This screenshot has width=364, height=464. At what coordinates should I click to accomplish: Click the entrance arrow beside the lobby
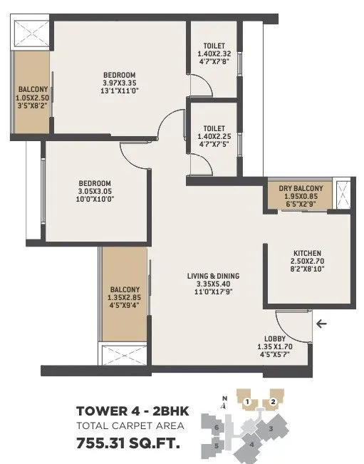[x=322, y=324]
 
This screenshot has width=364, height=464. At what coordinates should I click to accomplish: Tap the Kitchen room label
[x=307, y=253]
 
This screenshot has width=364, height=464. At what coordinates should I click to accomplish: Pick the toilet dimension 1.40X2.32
[x=214, y=53]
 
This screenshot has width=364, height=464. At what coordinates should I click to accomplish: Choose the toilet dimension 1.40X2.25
[x=214, y=138]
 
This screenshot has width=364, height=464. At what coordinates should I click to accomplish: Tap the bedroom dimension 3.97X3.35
[x=119, y=84]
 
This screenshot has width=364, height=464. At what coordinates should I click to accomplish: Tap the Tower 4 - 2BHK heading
[x=128, y=411]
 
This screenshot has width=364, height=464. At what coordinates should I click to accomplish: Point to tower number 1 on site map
[x=246, y=403]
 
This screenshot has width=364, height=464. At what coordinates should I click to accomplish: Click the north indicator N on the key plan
[x=224, y=398]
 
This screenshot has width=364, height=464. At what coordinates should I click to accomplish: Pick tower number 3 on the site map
[x=271, y=428]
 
